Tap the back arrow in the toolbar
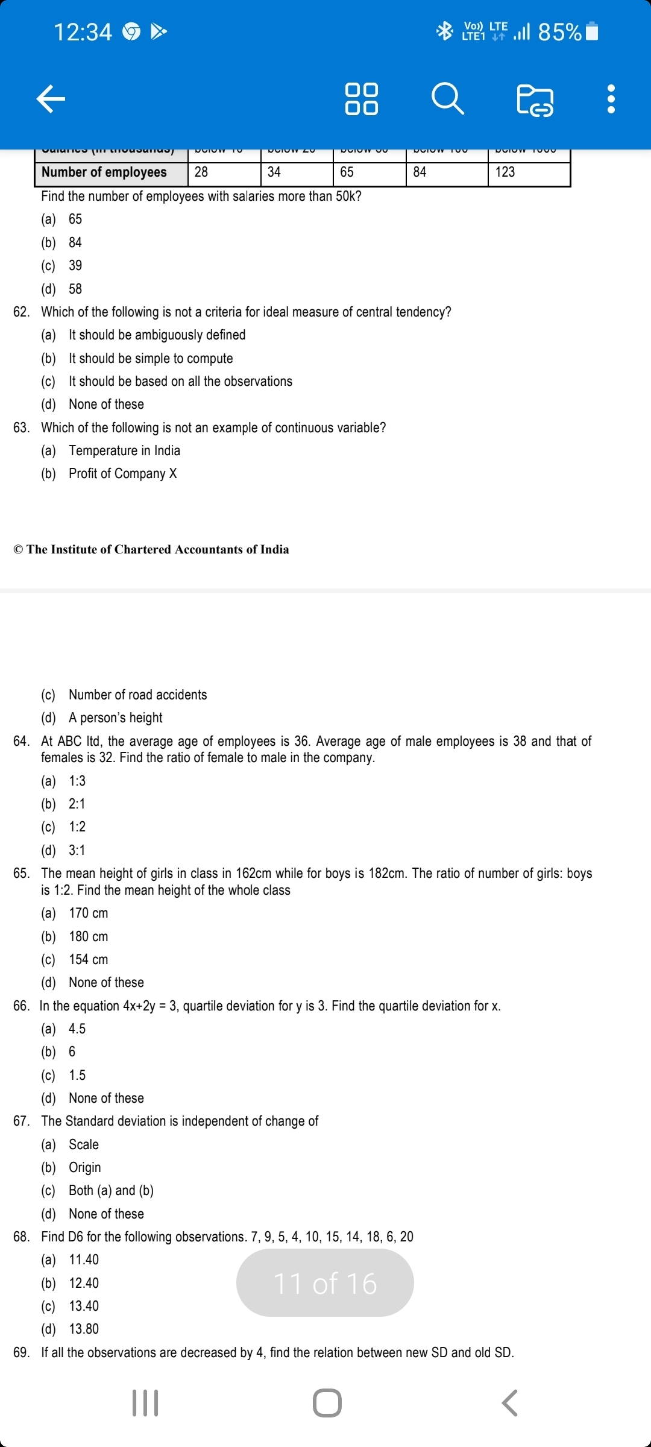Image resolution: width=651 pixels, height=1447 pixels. tap(51, 99)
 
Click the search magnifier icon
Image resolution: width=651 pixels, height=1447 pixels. tap(447, 99)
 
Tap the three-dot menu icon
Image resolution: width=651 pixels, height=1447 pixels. tap(611, 99)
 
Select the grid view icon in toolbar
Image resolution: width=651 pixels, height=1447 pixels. tap(361, 99)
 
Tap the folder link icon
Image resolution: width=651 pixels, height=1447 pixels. tap(535, 100)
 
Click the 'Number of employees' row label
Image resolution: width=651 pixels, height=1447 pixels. tap(104, 172)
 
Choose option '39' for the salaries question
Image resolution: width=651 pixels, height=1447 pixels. tap(75, 266)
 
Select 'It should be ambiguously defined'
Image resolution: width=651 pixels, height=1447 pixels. tap(157, 335)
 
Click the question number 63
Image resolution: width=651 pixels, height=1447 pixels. tap(21, 428)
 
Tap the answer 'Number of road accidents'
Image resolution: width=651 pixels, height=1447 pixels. tap(137, 695)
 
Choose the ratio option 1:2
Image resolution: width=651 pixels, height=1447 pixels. tap(77, 827)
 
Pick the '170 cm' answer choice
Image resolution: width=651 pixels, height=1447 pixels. tap(88, 913)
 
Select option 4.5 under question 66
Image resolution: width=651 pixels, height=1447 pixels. tap(77, 1029)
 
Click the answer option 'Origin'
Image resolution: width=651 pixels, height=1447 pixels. tap(84, 1168)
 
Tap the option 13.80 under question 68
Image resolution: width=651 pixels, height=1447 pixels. tap(84, 1329)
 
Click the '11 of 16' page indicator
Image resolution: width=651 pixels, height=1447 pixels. tap(325, 1283)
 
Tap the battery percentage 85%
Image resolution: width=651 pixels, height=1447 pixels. tap(559, 31)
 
